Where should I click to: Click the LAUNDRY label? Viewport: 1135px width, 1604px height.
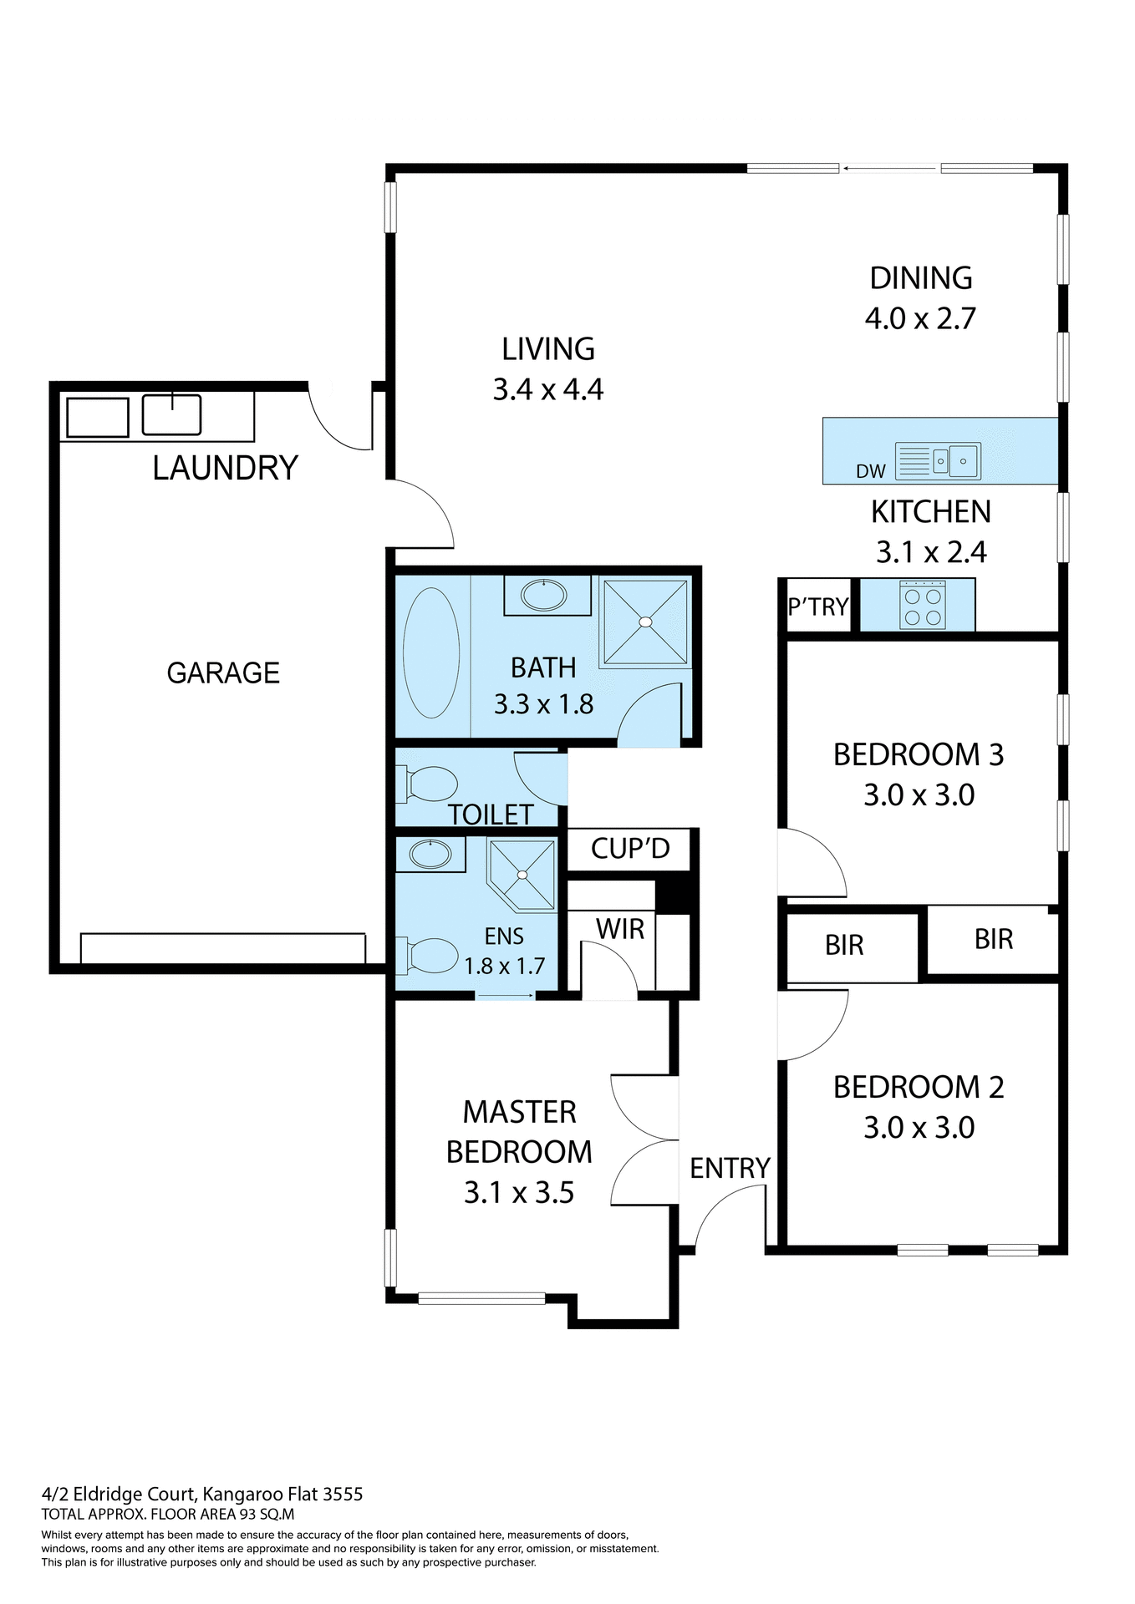225,468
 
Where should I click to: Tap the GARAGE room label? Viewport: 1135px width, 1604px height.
223,673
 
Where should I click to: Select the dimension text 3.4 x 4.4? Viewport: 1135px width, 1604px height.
547,389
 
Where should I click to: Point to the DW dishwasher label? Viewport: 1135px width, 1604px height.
870,471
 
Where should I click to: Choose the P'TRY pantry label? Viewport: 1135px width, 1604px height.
817,607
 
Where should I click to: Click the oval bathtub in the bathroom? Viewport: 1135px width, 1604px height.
431,652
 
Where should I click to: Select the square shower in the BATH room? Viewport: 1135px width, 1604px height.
645,622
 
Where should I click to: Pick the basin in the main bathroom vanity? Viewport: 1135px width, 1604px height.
544,595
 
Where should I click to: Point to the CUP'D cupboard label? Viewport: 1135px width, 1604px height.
630,849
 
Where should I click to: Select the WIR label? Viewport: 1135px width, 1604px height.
620,929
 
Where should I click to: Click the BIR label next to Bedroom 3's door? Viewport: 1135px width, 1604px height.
844,945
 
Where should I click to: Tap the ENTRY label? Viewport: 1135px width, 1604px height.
730,1168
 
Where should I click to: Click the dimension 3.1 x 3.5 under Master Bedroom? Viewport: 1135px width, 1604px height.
519,1192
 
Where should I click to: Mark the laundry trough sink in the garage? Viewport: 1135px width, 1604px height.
171,415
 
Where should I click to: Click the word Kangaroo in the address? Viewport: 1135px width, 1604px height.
242,1494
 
